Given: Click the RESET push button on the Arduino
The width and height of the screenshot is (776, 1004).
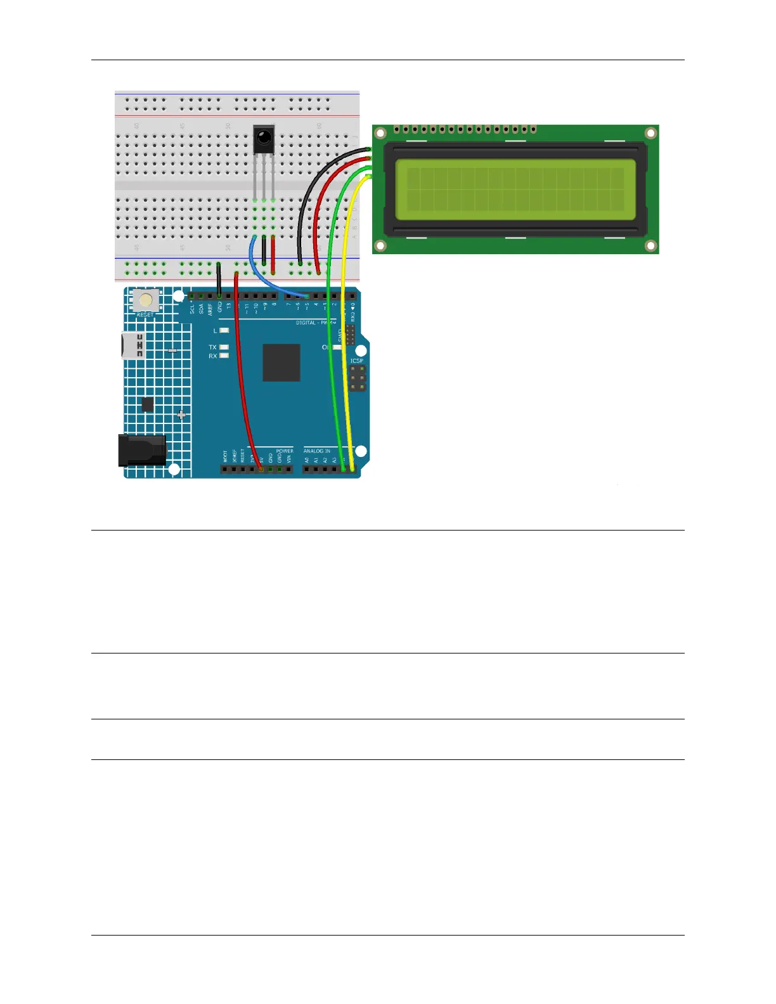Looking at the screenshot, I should click(x=146, y=300).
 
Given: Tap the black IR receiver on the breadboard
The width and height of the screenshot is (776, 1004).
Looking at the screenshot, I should click(x=264, y=139).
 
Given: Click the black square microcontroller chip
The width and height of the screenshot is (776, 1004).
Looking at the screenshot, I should click(x=281, y=363).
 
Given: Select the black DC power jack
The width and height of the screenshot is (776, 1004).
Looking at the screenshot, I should click(x=142, y=450).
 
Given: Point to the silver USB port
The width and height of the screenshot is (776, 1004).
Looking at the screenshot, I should click(x=133, y=345).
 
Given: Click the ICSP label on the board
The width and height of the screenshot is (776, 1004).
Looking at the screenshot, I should click(x=357, y=361).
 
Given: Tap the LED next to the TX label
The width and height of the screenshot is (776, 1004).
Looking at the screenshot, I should click(x=224, y=347).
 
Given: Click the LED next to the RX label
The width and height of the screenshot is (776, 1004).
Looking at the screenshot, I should click(x=224, y=356).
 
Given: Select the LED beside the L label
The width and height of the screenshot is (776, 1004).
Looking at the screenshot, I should click(x=224, y=331).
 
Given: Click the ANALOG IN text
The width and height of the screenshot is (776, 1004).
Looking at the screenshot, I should click(x=316, y=451).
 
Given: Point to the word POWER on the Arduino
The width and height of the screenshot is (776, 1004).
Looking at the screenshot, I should click(x=285, y=451).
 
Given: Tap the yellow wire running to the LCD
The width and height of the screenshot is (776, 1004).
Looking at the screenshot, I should click(x=346, y=317).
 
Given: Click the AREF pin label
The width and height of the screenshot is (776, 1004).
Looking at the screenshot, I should click(x=210, y=309).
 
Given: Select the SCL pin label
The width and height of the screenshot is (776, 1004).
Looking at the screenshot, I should click(x=192, y=309).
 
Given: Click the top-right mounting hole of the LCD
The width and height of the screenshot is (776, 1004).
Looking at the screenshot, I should click(x=650, y=133).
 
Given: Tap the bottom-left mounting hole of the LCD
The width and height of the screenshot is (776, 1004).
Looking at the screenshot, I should click(x=380, y=245).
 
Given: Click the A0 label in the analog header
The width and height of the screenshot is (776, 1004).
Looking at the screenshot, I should click(x=307, y=460).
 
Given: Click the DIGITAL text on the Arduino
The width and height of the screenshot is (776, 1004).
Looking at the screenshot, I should click(x=306, y=323).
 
